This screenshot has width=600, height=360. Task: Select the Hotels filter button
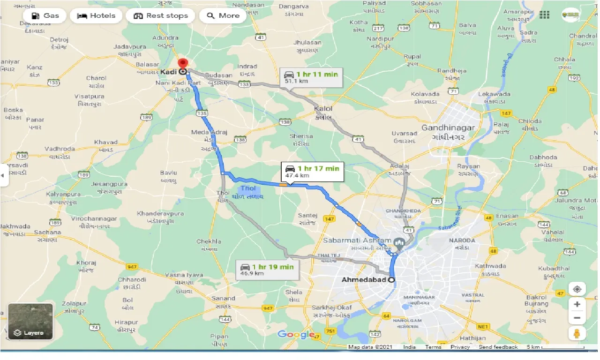(x=96, y=15)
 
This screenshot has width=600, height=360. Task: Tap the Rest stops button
(x=161, y=15)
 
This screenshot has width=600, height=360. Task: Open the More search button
(x=224, y=15)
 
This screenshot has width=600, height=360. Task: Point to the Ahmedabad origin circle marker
(x=392, y=280)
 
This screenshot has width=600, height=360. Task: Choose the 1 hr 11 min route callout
(x=311, y=77)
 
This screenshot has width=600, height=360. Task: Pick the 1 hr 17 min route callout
(x=312, y=172)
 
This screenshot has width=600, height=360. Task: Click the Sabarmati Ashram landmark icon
(x=399, y=242)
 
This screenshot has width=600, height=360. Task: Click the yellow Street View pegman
(x=577, y=334)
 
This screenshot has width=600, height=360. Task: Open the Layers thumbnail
(x=30, y=322)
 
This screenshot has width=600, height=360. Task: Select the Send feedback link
(x=498, y=347)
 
